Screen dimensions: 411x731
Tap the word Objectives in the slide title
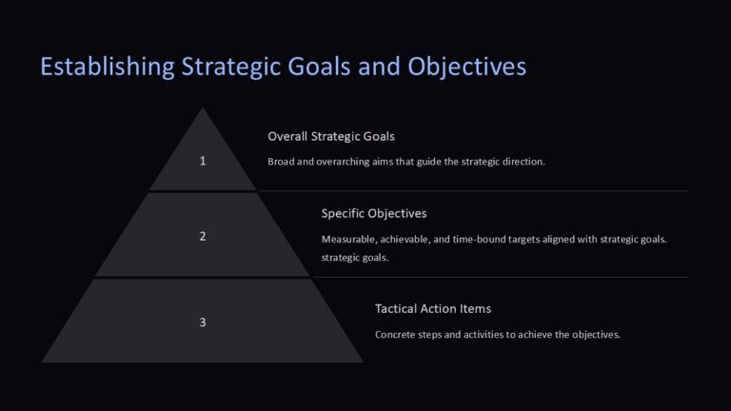pyautogui.click(x=466, y=68)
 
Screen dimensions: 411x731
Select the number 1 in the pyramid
pyautogui.click(x=203, y=161)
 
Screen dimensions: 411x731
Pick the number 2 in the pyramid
pyautogui.click(x=203, y=236)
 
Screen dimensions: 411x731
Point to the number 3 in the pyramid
pyautogui.click(x=203, y=322)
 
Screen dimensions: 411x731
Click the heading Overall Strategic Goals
pyautogui.click(x=331, y=136)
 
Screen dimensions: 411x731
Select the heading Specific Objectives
pyautogui.click(x=373, y=213)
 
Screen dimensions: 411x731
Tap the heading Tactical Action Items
pyautogui.click(x=433, y=308)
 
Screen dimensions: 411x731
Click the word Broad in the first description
pyautogui.click(x=282, y=162)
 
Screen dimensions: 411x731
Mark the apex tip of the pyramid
pyautogui.click(x=203, y=108)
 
